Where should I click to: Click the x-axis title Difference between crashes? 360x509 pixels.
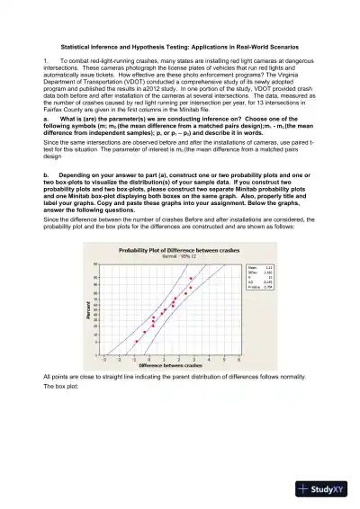pos(170,366)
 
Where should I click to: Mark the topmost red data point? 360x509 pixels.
pos(191,279)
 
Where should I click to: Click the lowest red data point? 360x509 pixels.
pos(137,341)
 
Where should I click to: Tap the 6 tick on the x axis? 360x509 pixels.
pos(238,358)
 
